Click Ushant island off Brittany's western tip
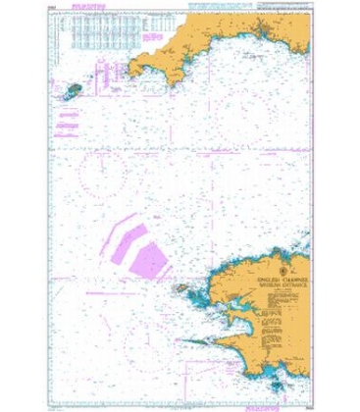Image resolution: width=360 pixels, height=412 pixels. click(183, 287)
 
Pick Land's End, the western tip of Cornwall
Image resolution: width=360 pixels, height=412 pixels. click(137, 68)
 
